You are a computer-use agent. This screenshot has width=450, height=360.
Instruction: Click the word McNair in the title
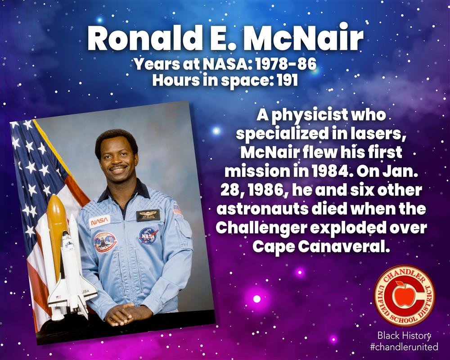(302, 40)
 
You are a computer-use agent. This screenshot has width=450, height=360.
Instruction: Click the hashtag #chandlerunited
(404, 347)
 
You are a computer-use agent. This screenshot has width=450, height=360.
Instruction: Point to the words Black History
(404, 335)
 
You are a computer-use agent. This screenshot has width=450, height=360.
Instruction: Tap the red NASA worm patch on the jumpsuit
(99, 221)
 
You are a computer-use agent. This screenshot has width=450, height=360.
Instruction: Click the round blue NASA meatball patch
(148, 235)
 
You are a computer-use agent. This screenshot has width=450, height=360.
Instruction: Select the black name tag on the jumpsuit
(148, 215)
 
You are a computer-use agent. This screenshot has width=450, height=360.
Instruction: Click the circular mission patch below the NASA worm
(105, 243)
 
